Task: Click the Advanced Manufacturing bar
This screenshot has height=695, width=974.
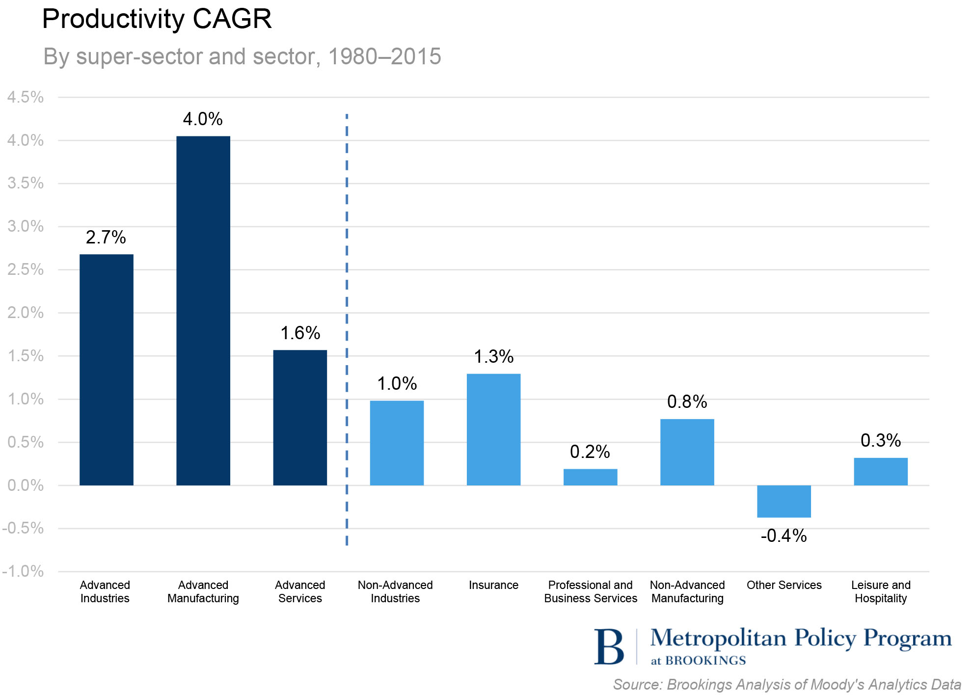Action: click(203, 310)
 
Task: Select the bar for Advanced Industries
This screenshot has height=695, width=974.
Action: click(106, 370)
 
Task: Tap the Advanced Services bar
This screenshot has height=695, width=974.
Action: click(300, 417)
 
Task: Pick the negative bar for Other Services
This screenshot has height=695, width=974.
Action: click(784, 501)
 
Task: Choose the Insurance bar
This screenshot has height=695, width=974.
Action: click(493, 429)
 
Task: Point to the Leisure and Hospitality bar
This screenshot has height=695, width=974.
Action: click(880, 471)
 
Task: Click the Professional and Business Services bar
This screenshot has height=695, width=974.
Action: click(590, 477)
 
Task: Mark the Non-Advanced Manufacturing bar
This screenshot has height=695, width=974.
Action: click(687, 452)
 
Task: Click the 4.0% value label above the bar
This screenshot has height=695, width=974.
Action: click(203, 119)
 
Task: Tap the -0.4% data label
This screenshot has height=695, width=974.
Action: click(784, 535)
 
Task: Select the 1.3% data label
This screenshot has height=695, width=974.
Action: click(493, 356)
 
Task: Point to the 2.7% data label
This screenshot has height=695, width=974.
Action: click(106, 237)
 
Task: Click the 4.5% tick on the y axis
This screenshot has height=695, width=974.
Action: click(26, 97)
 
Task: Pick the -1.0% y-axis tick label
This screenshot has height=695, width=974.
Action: click(23, 571)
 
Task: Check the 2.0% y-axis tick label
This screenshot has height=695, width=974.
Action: click(26, 313)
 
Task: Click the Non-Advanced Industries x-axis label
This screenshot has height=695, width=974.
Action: click(395, 591)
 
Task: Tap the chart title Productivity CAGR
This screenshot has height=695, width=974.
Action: click(157, 19)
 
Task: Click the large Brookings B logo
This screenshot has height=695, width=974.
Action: click(609, 646)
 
